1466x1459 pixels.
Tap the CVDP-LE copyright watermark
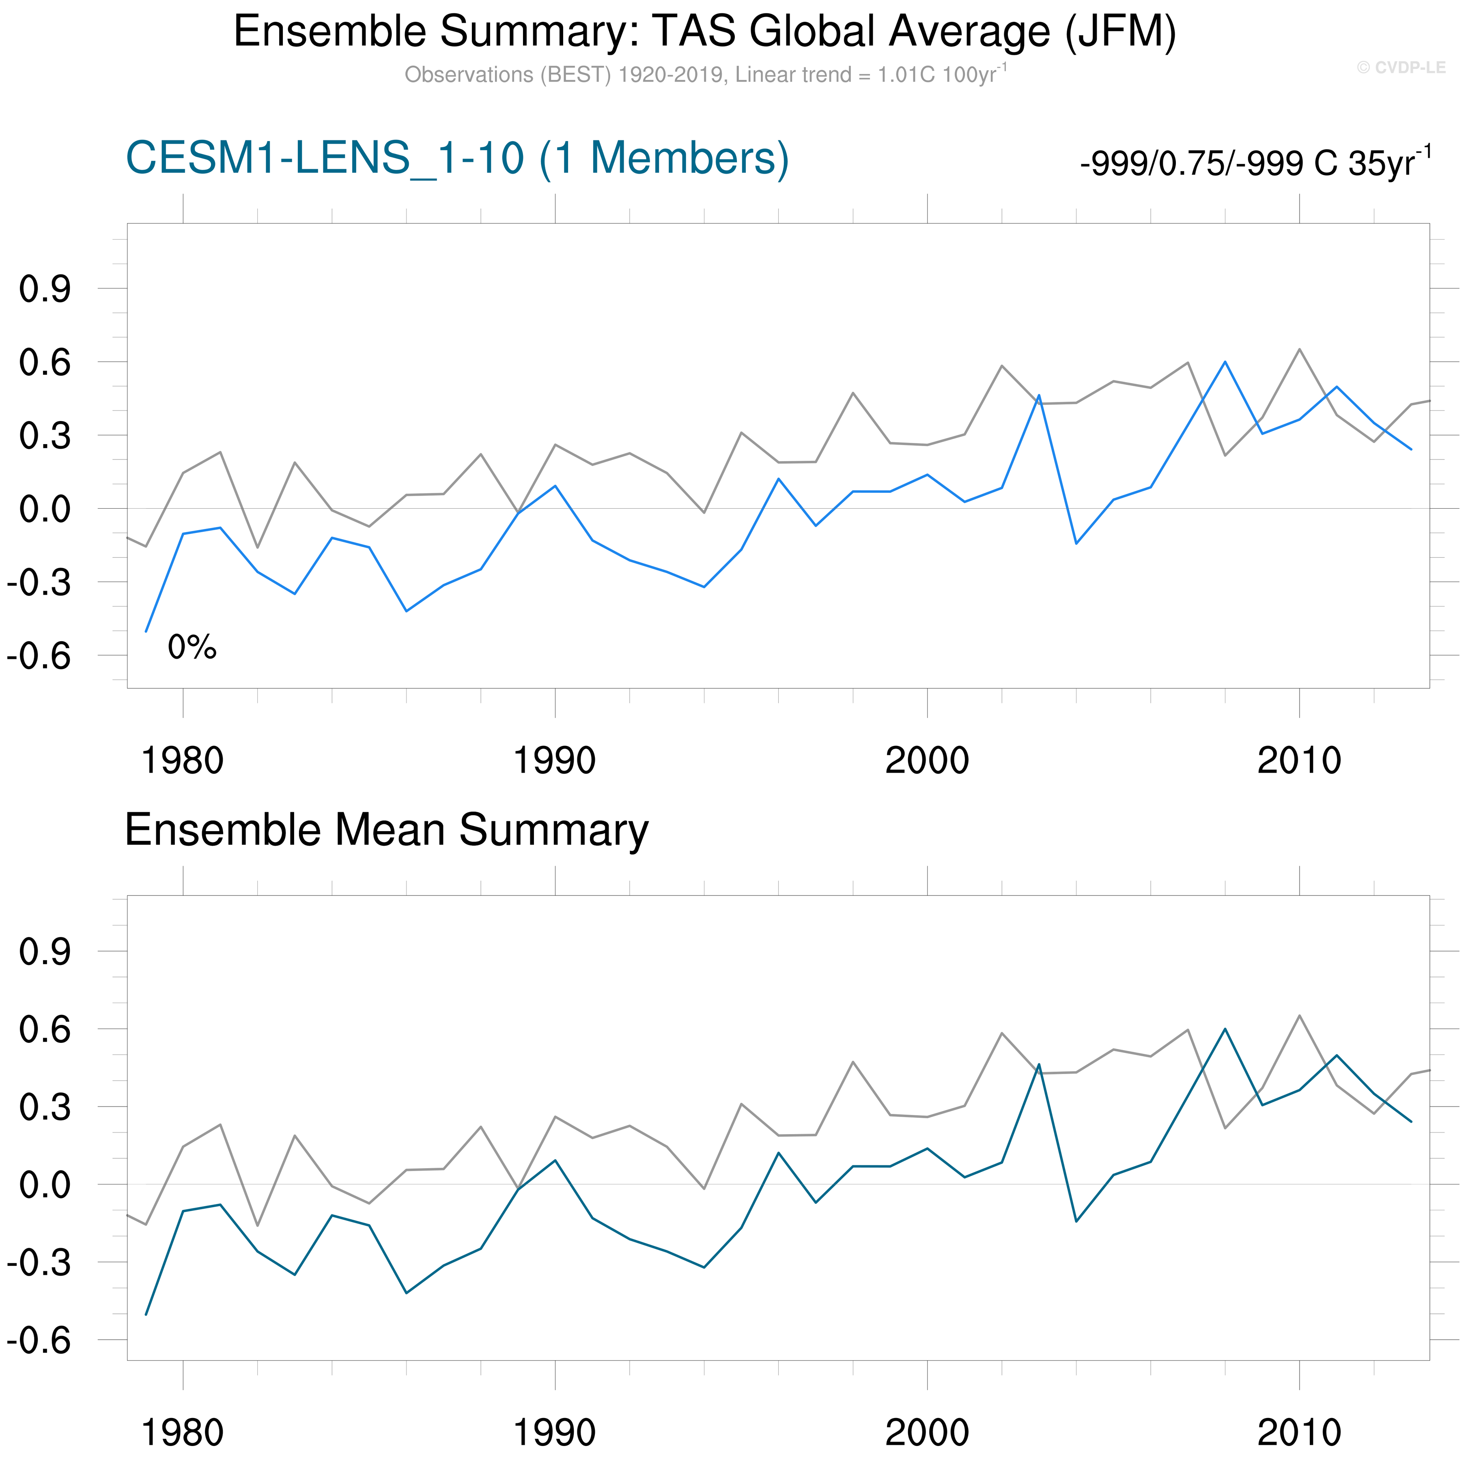pyautogui.click(x=1401, y=67)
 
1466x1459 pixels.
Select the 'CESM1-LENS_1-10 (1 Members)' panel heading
pyautogui.click(x=457, y=159)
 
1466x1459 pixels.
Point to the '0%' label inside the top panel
pyautogui.click(x=192, y=647)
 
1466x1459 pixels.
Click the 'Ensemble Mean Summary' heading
pyautogui.click(x=386, y=829)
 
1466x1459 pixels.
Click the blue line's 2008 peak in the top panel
pyautogui.click(x=1225, y=362)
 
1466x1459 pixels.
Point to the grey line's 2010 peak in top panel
pyautogui.click(x=1299, y=350)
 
